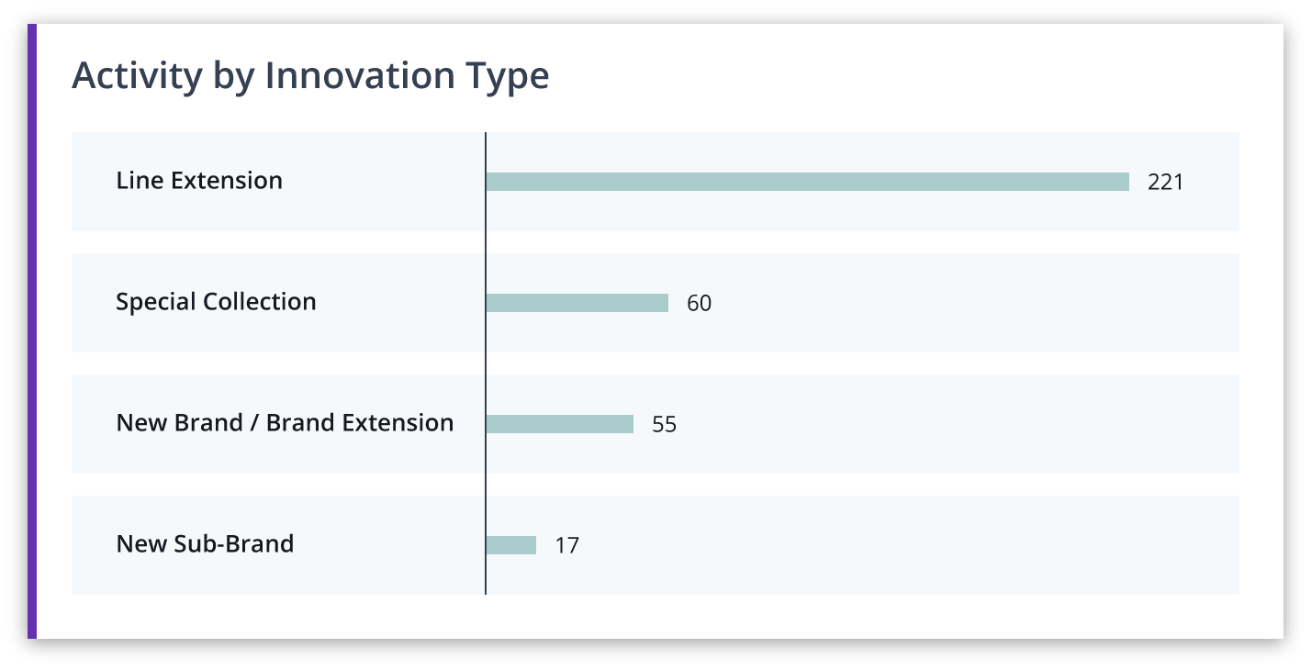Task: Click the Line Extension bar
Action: [808, 182]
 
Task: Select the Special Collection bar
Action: [577, 303]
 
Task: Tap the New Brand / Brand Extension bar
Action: [559, 424]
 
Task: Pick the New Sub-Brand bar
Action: [511, 545]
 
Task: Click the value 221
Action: [1165, 182]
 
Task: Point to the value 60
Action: [699, 303]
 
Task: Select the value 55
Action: [665, 424]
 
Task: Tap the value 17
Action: [566, 545]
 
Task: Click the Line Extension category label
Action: [199, 180]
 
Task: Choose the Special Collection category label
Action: [216, 302]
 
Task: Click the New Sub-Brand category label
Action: [205, 543]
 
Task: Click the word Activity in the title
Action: [137, 76]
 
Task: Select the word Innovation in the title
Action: [360, 75]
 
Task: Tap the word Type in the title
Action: [508, 77]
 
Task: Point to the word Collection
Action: [259, 301]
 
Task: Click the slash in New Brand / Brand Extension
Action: [254, 422]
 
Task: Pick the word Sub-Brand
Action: [233, 543]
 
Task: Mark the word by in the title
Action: [233, 77]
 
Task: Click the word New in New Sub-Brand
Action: [141, 543]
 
